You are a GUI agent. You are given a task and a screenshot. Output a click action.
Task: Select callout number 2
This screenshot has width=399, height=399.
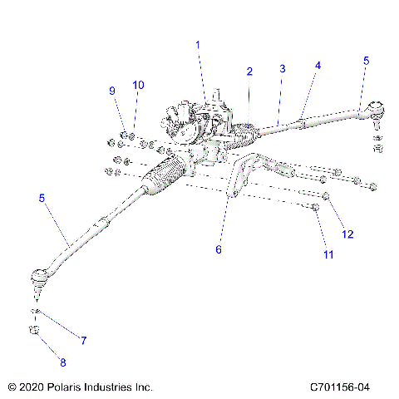point(249,71)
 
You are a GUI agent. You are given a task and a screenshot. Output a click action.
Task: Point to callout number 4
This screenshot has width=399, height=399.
point(318,65)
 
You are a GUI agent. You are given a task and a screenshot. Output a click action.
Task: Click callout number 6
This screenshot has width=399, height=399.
point(219,249)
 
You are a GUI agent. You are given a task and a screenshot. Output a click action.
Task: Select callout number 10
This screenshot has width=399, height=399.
point(139,85)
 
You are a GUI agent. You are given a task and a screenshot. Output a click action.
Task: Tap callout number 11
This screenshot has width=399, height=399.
point(328,254)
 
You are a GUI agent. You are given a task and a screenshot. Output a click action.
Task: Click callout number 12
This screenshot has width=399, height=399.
point(348,234)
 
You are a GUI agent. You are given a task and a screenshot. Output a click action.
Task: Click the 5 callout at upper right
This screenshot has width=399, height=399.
point(366,61)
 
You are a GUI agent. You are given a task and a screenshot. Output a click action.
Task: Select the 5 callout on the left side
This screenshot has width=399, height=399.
point(42,198)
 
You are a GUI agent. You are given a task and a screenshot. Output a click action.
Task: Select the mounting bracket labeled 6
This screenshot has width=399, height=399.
point(244,179)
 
